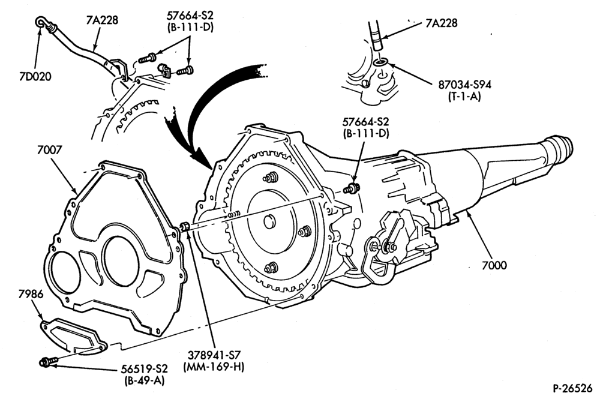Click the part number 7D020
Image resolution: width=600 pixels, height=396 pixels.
pos(34,77)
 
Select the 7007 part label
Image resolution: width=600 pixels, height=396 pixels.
pos(49,149)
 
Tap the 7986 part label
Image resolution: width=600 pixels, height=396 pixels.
pos(31,294)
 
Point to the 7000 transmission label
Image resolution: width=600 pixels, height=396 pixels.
pos(494,265)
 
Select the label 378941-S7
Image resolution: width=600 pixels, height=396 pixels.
pos(214,355)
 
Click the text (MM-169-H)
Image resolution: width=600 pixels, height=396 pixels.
pos(214,367)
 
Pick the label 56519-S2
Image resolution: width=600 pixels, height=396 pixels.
pos(144,369)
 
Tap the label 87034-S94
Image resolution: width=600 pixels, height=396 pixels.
pos(464,84)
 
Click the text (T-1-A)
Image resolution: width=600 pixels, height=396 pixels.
pos(464,97)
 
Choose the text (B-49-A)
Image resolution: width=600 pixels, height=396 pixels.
pos(144,380)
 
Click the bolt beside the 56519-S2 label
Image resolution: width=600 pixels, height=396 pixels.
pos(49,362)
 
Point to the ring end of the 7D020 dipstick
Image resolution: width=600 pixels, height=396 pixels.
pos(41,22)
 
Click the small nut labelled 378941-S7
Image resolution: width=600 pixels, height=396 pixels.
pos(184,226)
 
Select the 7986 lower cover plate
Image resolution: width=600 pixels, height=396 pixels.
pos(73,334)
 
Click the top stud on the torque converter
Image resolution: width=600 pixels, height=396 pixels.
pos(269,178)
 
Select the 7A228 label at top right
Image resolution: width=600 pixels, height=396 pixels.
pos(441,23)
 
